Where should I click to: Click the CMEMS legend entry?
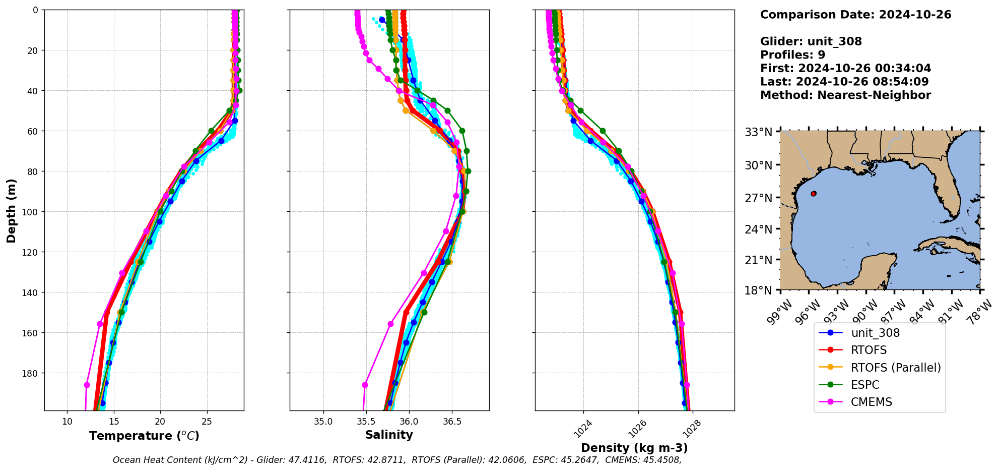point(871,402)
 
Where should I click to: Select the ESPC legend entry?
point(865,385)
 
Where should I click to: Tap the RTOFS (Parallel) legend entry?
point(896,368)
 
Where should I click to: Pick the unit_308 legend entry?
point(875,333)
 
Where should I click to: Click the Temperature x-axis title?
point(144,436)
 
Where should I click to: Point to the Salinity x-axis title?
point(389,435)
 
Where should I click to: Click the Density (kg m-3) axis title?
point(634,448)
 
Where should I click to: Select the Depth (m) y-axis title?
point(11,210)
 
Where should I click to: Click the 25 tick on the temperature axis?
point(207,422)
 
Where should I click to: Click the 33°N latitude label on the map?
point(758,132)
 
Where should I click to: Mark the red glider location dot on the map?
point(814,194)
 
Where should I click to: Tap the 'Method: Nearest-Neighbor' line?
point(845,95)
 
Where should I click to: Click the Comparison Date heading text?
point(855,15)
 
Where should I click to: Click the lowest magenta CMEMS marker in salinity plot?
point(365,385)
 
